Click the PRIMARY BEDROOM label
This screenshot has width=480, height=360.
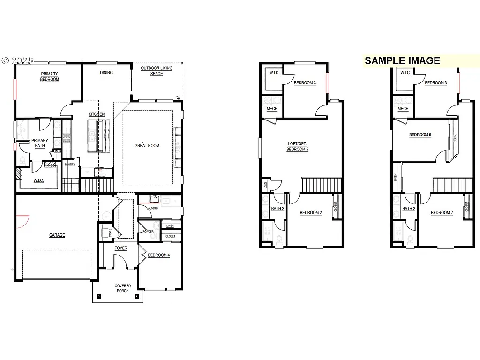point(50,77)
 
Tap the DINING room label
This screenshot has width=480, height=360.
point(106,73)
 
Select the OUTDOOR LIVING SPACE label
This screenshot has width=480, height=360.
point(157,71)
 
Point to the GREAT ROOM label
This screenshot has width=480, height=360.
point(147,146)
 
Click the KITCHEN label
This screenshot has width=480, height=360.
point(97,114)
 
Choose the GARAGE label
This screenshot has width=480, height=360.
point(57,235)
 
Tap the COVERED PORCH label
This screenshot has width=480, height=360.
point(123,288)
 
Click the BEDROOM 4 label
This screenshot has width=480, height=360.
point(159,255)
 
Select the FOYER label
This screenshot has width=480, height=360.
point(121,248)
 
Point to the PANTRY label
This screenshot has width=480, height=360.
point(70,165)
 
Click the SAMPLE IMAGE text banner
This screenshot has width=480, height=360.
point(402,60)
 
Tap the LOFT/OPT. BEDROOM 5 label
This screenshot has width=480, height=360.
point(298,147)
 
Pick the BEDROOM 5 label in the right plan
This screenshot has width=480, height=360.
point(420,135)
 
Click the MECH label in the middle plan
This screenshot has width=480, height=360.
point(272,109)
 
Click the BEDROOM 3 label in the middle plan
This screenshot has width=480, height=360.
point(305,83)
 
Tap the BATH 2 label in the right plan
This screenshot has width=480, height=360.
point(409,209)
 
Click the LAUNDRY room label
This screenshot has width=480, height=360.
point(153,208)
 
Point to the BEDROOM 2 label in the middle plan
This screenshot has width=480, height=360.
point(311,213)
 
